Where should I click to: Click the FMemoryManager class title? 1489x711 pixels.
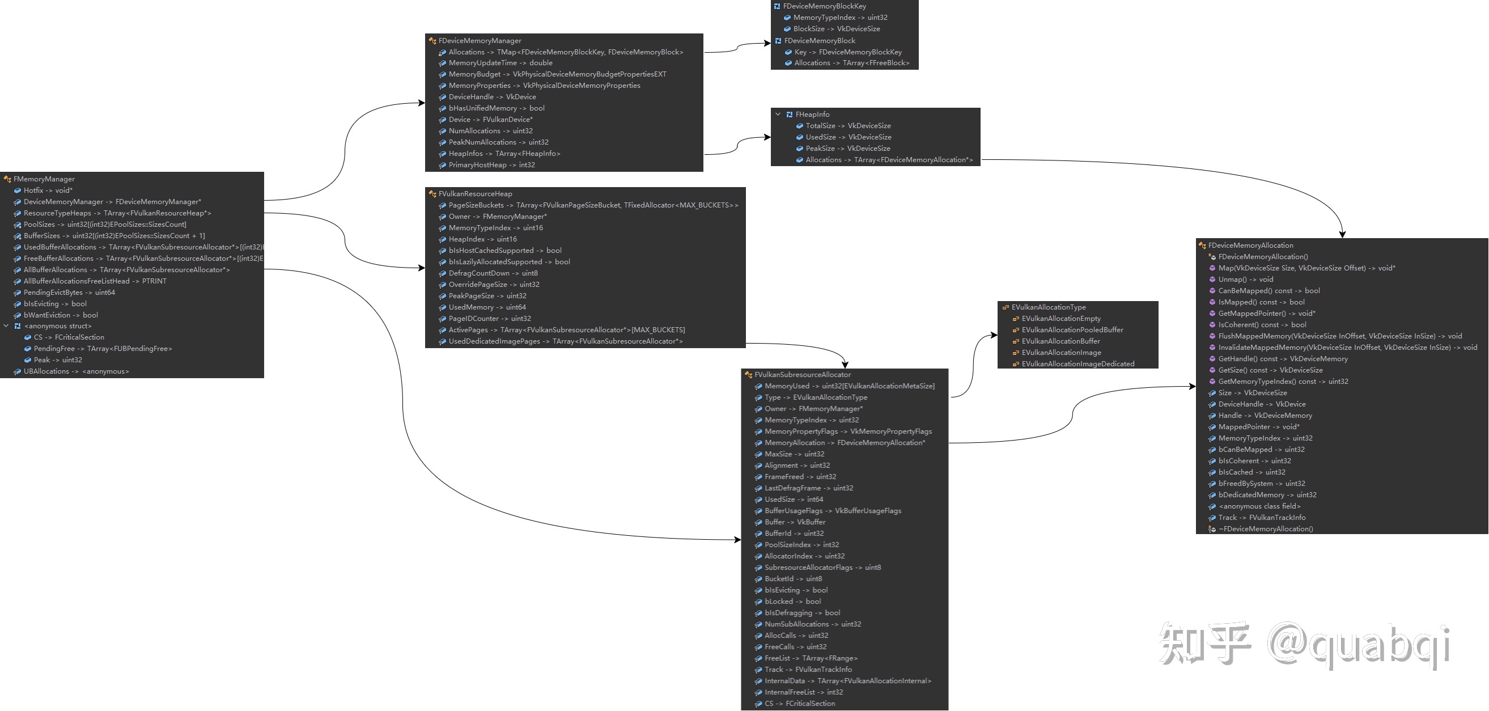(x=44, y=179)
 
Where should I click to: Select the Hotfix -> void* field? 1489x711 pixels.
(x=48, y=190)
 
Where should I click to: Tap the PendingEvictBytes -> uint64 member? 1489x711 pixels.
(x=69, y=293)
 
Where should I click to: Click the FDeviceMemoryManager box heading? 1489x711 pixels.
(x=479, y=40)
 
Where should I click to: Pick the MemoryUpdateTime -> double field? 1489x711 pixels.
(x=500, y=63)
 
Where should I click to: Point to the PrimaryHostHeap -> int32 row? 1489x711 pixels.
(x=491, y=165)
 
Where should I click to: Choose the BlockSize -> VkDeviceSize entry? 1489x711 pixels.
(x=836, y=29)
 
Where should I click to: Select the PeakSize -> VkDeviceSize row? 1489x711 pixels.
(x=847, y=149)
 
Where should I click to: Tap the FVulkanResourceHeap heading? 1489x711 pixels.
(x=474, y=194)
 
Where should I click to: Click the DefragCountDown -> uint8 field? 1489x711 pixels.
(x=493, y=273)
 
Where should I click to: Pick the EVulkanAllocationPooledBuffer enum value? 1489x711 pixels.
(x=1072, y=330)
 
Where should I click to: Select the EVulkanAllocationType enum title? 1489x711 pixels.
(x=1048, y=307)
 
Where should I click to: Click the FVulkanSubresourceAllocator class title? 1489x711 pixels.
(x=801, y=375)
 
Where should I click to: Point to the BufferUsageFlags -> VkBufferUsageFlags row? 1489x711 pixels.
(x=833, y=511)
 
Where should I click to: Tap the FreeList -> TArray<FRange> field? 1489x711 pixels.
(x=811, y=658)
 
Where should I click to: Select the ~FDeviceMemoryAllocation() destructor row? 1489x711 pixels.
(x=1265, y=529)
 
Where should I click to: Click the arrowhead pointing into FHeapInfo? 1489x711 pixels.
(x=767, y=137)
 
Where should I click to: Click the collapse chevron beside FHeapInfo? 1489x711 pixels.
(x=778, y=115)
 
